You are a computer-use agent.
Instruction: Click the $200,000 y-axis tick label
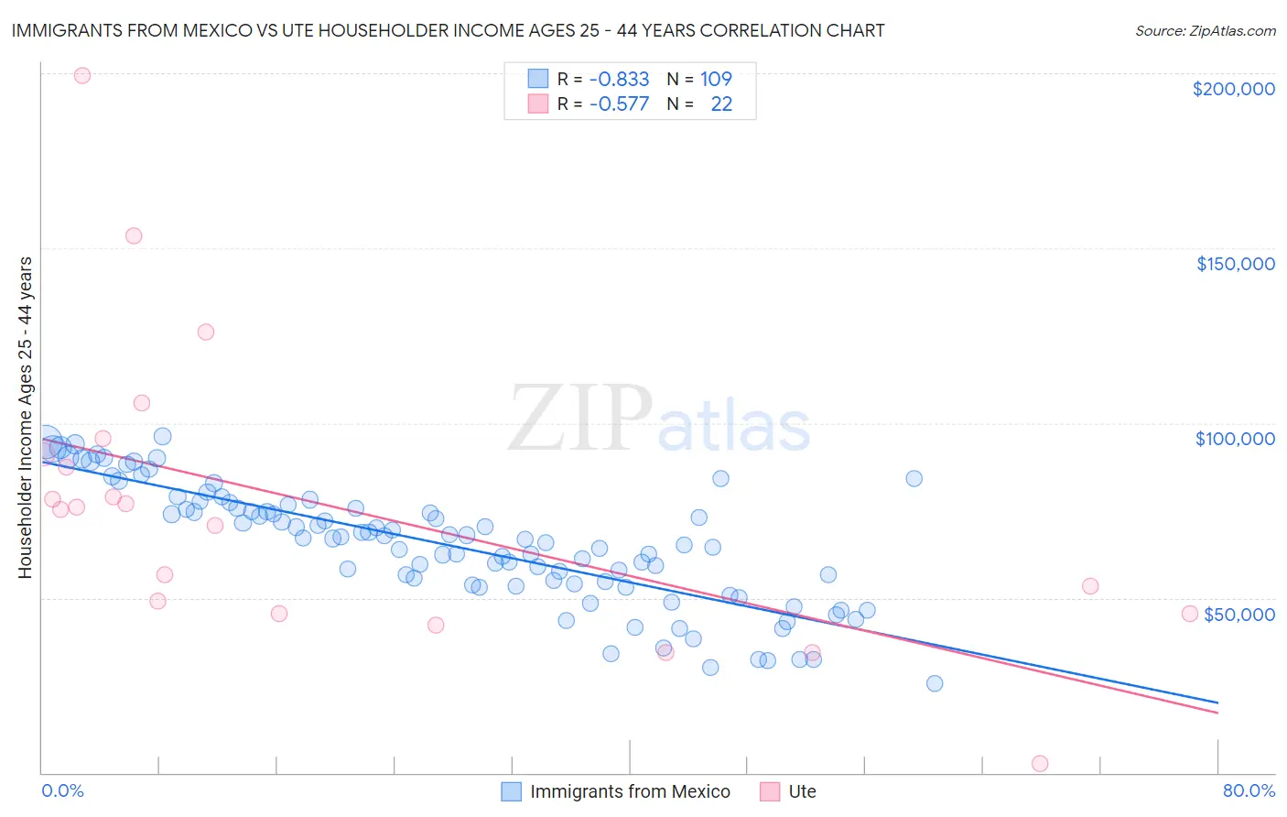[x=1233, y=89]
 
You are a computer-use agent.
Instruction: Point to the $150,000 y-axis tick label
[x=1235, y=264]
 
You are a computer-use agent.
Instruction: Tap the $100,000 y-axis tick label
[x=1235, y=439]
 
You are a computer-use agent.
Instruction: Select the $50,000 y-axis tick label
[x=1238, y=614]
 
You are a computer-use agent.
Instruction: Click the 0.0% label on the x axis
[x=62, y=790]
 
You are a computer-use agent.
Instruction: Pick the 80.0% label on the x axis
[x=1249, y=790]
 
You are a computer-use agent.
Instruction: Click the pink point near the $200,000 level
[x=81, y=76]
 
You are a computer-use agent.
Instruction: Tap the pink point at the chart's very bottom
[x=1039, y=764]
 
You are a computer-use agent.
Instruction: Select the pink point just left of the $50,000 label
[x=1189, y=614]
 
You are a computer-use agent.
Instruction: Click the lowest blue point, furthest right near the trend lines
[x=934, y=683]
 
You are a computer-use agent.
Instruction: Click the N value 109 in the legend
[x=716, y=80]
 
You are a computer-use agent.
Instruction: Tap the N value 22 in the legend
[x=721, y=104]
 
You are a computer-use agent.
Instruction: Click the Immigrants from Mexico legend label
[x=630, y=791]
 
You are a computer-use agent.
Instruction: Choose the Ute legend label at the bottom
[x=802, y=791]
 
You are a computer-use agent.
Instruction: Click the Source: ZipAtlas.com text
[x=1205, y=31]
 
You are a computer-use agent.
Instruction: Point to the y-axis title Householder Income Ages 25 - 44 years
[x=26, y=418]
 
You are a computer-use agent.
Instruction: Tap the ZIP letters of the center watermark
[x=579, y=419]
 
